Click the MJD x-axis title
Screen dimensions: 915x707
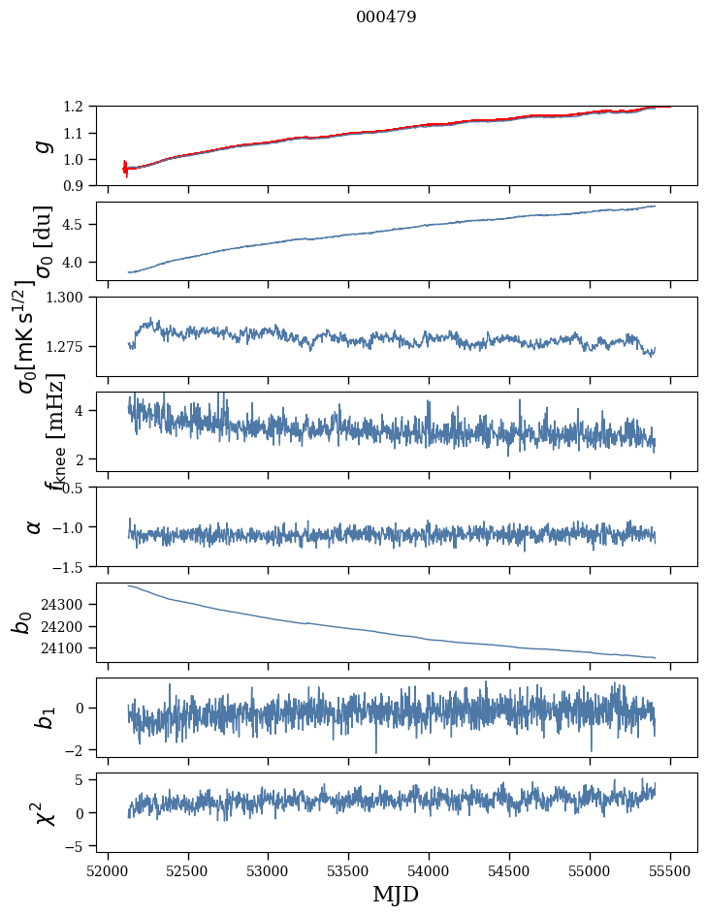tap(396, 895)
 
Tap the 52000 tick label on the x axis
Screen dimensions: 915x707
tap(108, 869)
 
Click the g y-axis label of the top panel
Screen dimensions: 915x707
tap(42, 145)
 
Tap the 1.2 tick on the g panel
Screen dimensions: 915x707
tap(78, 107)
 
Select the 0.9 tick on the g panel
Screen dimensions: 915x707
tap(78, 185)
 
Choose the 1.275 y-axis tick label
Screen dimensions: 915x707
tap(68, 346)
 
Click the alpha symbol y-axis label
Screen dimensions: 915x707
tap(35, 526)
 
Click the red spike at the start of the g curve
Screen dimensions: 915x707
tap(125, 169)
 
